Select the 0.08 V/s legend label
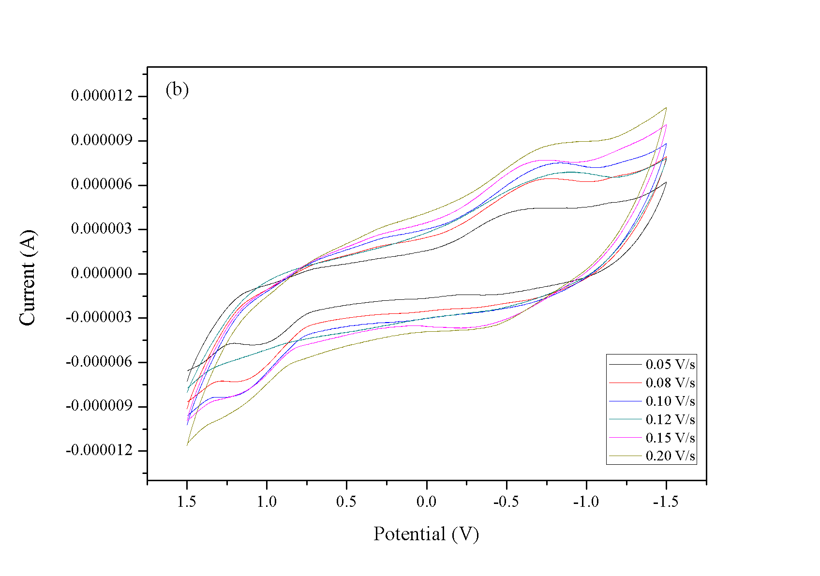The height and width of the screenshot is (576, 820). click(x=670, y=383)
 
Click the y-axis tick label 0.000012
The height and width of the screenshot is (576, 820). click(x=102, y=96)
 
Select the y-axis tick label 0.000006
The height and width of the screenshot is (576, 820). click(x=102, y=184)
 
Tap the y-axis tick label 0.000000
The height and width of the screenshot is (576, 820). click(x=102, y=273)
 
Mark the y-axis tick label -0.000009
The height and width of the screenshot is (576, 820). click(x=99, y=406)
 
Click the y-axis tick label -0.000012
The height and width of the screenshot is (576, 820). click(x=99, y=450)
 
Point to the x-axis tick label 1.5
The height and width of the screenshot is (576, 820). click(x=187, y=502)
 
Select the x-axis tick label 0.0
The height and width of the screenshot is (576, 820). click(x=426, y=502)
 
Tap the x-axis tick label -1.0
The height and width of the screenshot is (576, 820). click(x=586, y=502)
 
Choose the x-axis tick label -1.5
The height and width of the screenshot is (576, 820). click(x=666, y=502)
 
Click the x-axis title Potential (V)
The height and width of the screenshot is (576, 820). click(x=426, y=534)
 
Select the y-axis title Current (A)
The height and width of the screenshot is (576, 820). click(x=28, y=278)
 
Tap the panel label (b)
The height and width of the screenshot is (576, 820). click(x=177, y=90)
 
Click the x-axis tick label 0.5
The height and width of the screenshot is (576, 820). click(x=346, y=502)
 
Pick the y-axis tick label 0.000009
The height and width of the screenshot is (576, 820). click(x=102, y=140)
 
